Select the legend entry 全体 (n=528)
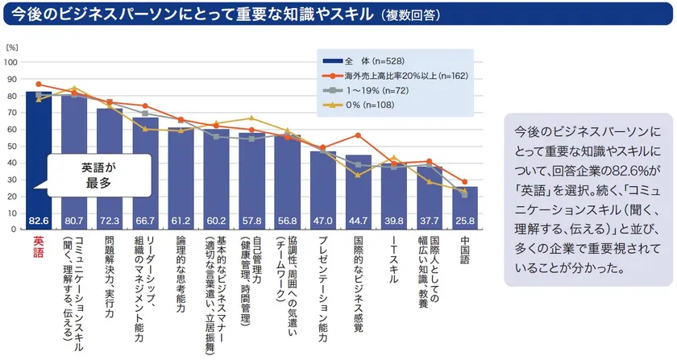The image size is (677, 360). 367,60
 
